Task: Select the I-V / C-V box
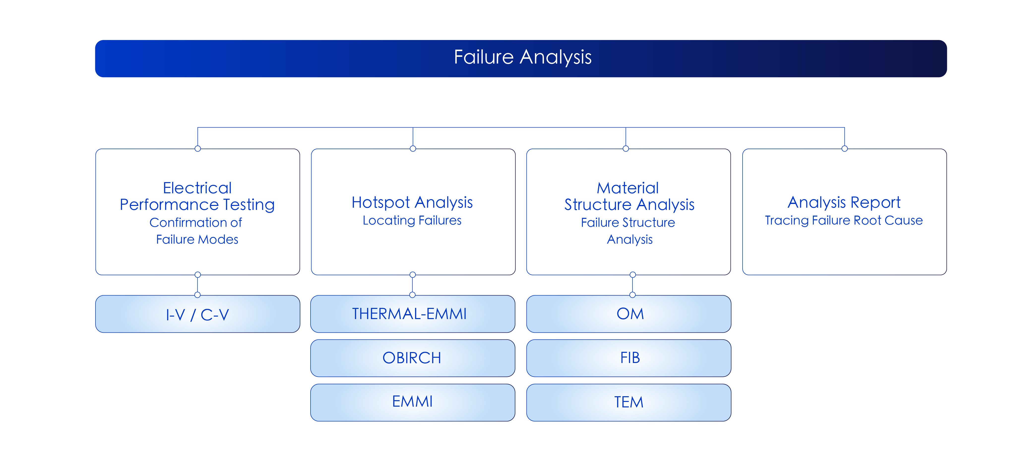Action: click(x=197, y=314)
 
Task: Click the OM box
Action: click(x=628, y=314)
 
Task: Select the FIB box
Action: click(x=628, y=358)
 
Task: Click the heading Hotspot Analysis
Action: click(x=412, y=202)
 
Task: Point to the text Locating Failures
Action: click(x=412, y=220)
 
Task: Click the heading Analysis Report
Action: click(x=844, y=202)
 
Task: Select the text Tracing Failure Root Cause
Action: click(x=844, y=220)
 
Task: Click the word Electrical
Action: click(x=197, y=188)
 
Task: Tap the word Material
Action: click(x=628, y=188)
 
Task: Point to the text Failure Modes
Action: click(x=197, y=239)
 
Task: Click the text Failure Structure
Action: click(x=628, y=222)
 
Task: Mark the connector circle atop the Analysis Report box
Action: click(x=845, y=149)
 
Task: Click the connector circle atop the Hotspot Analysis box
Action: click(x=413, y=149)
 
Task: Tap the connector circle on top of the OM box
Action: click(x=633, y=295)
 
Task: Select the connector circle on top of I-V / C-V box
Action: click(x=197, y=295)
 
